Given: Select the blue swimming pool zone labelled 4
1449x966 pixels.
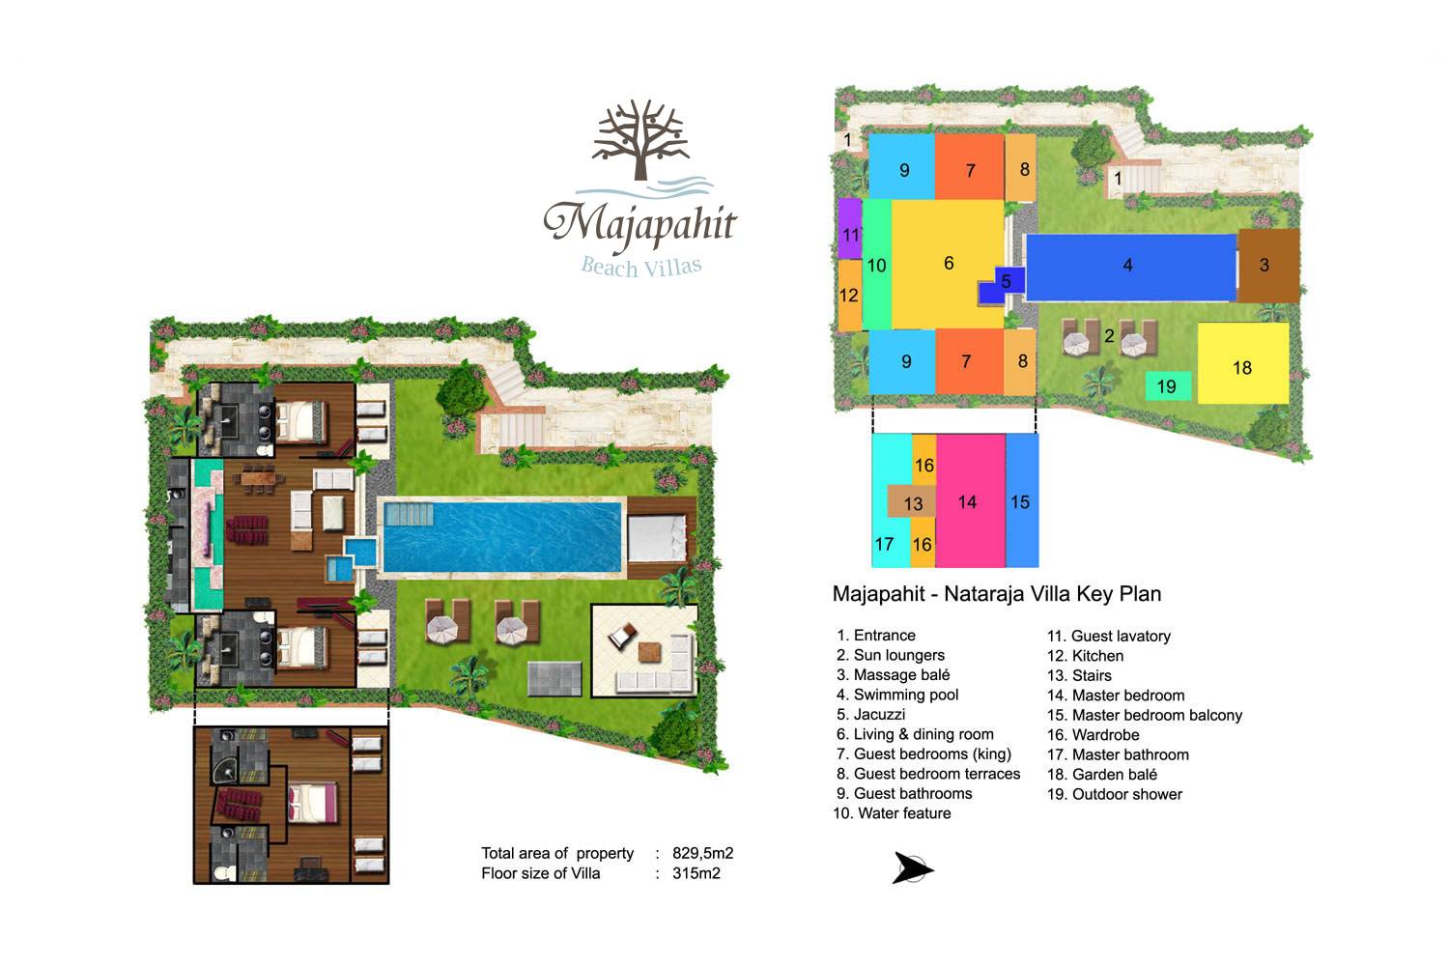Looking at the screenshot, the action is click(1131, 268).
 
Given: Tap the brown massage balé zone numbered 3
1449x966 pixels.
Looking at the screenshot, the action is click(1268, 266).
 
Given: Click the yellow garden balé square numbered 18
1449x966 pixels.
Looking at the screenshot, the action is click(1242, 363).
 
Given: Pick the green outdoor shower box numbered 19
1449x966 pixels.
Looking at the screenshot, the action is click(1168, 385).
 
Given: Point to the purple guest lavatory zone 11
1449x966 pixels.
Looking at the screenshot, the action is click(849, 228).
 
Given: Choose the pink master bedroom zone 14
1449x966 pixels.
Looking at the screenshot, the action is click(970, 500).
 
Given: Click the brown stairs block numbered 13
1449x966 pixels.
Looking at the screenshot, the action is click(912, 501).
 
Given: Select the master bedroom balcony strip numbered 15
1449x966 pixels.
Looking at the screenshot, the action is click(1022, 500).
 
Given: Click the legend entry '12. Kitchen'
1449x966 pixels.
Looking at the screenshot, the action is click(1085, 655).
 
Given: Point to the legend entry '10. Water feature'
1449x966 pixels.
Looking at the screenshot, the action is click(892, 813).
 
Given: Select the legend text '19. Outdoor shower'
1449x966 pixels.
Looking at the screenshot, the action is click(1114, 794).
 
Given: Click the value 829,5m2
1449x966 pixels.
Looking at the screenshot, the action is click(702, 853).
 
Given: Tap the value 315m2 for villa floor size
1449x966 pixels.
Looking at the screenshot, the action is click(696, 873).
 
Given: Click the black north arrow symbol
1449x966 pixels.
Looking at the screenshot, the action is click(912, 867).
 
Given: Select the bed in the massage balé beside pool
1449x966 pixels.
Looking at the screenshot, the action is click(657, 538).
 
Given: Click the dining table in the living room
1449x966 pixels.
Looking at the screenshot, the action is click(259, 479).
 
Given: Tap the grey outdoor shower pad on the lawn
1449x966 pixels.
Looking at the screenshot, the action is click(554, 678).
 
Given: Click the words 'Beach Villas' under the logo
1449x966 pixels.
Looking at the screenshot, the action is click(641, 266).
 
